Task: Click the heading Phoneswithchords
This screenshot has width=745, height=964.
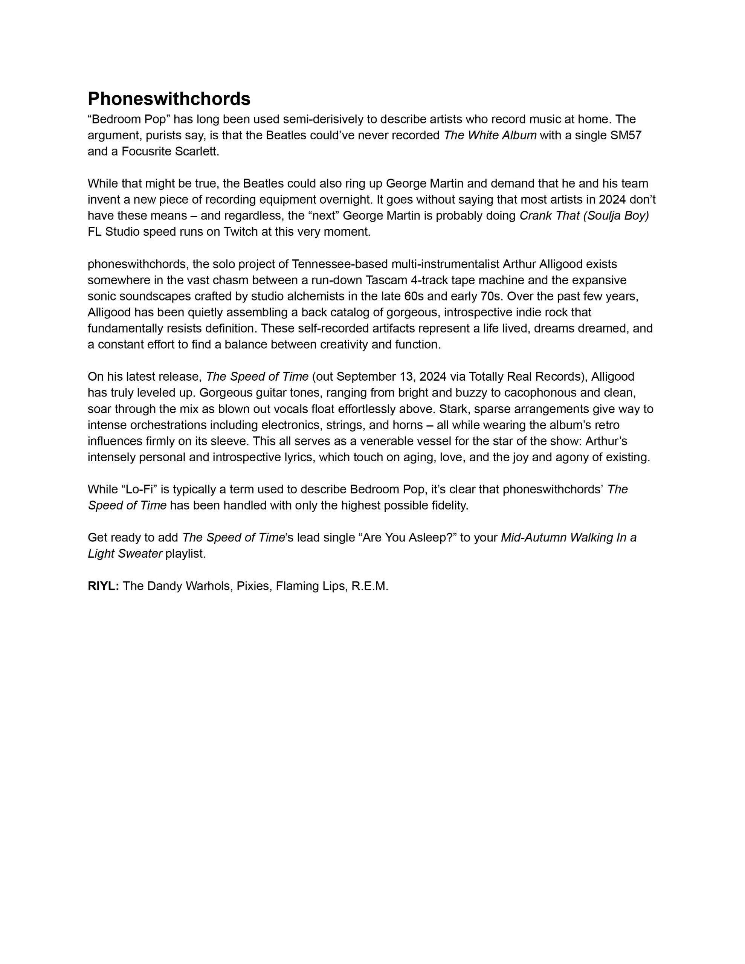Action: [169, 99]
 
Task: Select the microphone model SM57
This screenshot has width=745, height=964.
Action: [625, 135]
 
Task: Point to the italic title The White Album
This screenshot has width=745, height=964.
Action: [490, 135]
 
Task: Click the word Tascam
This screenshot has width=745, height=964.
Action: [383, 280]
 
